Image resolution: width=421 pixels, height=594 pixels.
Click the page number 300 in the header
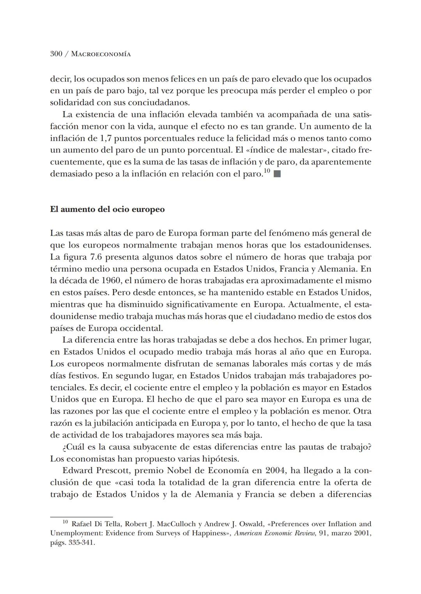click(x=56, y=54)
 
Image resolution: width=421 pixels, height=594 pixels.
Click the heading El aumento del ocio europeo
click(x=107, y=209)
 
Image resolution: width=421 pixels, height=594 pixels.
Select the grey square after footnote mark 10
click(x=277, y=174)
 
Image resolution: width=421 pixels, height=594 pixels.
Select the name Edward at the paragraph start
click(x=78, y=470)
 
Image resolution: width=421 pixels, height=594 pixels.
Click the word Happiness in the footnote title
click(x=207, y=533)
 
